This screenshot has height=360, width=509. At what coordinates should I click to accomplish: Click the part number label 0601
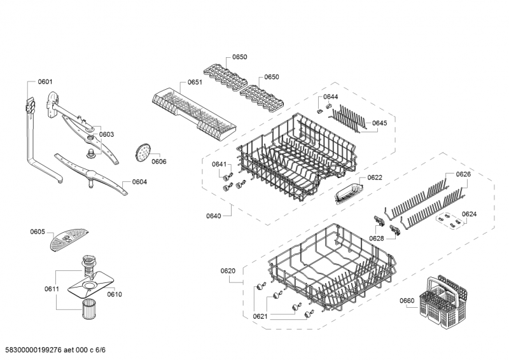(x=45, y=81)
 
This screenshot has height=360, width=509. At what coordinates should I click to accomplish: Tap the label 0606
(x=159, y=162)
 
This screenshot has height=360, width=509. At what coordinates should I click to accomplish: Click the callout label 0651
(x=195, y=83)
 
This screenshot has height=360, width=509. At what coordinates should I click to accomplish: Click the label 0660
(x=407, y=301)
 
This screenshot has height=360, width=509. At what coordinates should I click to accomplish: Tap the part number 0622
(x=375, y=177)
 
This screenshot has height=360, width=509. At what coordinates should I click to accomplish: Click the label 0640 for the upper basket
(x=214, y=216)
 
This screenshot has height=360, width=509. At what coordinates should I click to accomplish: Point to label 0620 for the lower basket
(x=228, y=271)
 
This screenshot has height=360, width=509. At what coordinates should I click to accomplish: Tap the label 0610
(x=115, y=294)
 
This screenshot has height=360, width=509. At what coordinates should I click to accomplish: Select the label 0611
(x=52, y=289)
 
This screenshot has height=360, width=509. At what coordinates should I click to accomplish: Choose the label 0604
(x=139, y=182)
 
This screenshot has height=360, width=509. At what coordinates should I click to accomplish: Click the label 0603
(x=106, y=134)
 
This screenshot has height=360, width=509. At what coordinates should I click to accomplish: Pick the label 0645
(x=380, y=123)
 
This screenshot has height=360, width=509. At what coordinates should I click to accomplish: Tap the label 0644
(x=331, y=97)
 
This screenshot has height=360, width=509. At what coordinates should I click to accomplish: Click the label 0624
(x=470, y=214)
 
